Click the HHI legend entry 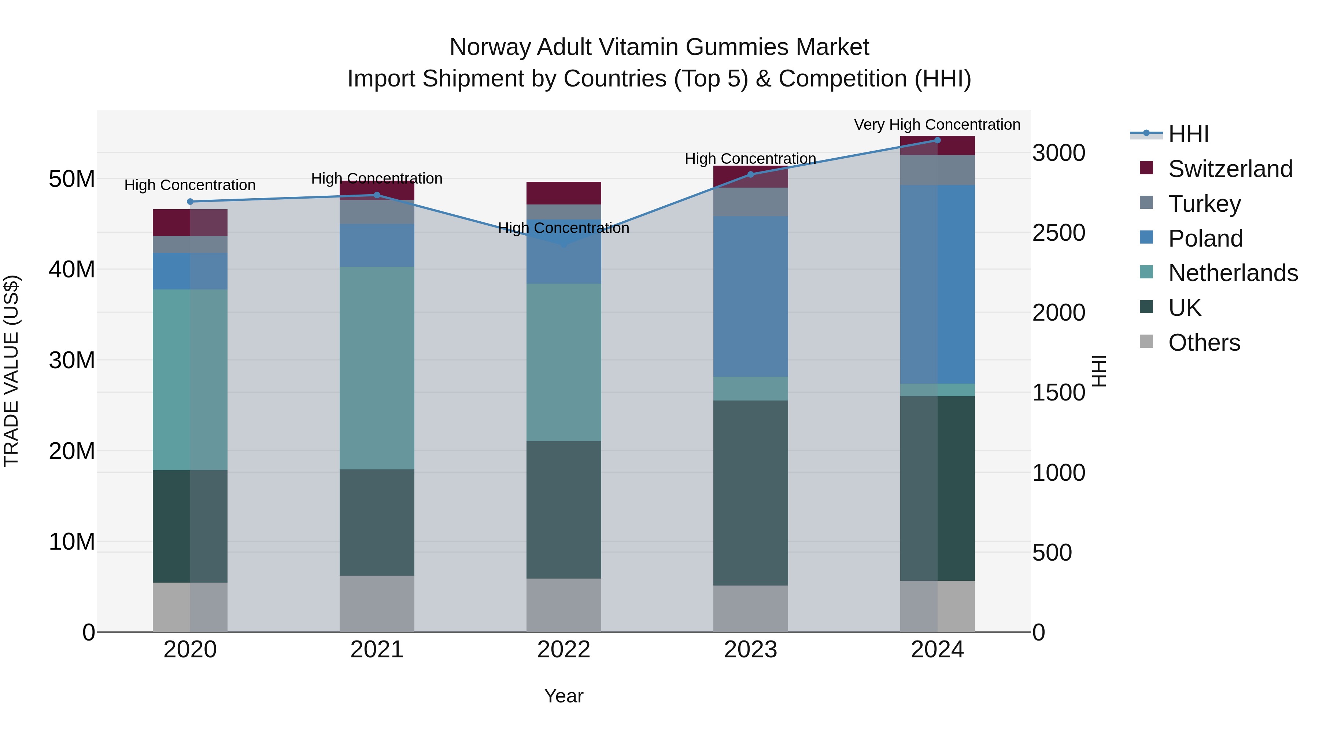[1188, 134]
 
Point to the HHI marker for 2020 [190, 202]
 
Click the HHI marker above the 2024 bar [938, 140]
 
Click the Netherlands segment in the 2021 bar [377, 368]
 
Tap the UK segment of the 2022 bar [564, 510]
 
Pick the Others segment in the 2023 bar [751, 609]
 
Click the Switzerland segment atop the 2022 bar [564, 193]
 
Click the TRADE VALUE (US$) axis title [11, 371]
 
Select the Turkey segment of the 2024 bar [938, 170]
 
